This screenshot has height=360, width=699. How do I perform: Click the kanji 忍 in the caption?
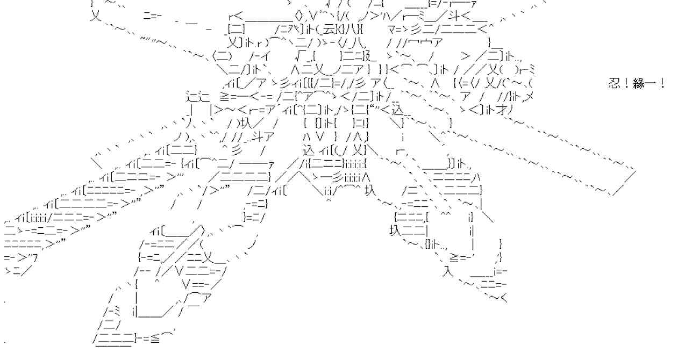tap(615, 84)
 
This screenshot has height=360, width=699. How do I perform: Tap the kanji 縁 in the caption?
tap(639, 84)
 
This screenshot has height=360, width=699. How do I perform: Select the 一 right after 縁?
tap(652, 84)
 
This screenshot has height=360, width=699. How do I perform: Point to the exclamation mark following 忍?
tap(627, 84)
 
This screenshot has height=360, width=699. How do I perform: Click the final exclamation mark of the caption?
tap(662, 84)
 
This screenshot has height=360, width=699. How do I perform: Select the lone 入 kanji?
tap(447, 271)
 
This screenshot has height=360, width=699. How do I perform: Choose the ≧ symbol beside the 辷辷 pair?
tap(225, 97)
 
